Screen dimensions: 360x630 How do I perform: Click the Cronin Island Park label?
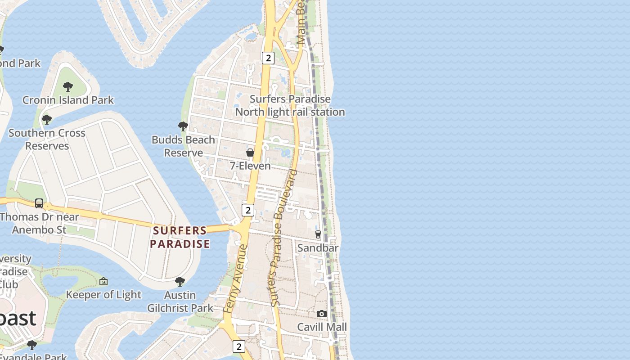click(x=68, y=100)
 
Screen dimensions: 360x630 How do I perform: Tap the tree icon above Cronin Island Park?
click(x=68, y=86)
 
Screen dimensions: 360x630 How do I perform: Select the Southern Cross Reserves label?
click(x=47, y=139)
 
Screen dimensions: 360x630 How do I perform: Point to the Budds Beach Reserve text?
click(x=183, y=146)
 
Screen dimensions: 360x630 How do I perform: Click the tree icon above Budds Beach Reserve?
click(x=183, y=126)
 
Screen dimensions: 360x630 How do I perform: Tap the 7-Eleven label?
click(x=250, y=166)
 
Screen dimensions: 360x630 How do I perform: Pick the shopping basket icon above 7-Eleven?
click(x=250, y=153)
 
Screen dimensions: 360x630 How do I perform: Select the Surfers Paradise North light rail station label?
click(x=290, y=105)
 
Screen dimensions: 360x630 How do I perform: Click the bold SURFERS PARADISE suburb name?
click(x=180, y=237)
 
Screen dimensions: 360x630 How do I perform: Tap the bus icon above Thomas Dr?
click(x=39, y=203)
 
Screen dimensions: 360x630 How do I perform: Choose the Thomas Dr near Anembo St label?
click(x=40, y=223)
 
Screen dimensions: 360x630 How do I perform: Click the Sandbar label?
click(x=318, y=247)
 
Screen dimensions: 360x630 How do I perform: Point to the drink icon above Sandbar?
click(x=318, y=234)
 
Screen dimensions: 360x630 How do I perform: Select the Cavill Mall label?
click(x=322, y=327)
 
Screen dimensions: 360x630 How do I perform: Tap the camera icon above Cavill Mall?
click(x=322, y=314)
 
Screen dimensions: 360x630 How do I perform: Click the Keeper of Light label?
click(x=103, y=295)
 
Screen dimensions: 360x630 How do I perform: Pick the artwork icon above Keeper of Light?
click(x=103, y=281)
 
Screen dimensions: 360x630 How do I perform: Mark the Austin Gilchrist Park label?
click(x=180, y=301)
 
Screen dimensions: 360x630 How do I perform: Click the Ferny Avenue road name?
click(x=235, y=279)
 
